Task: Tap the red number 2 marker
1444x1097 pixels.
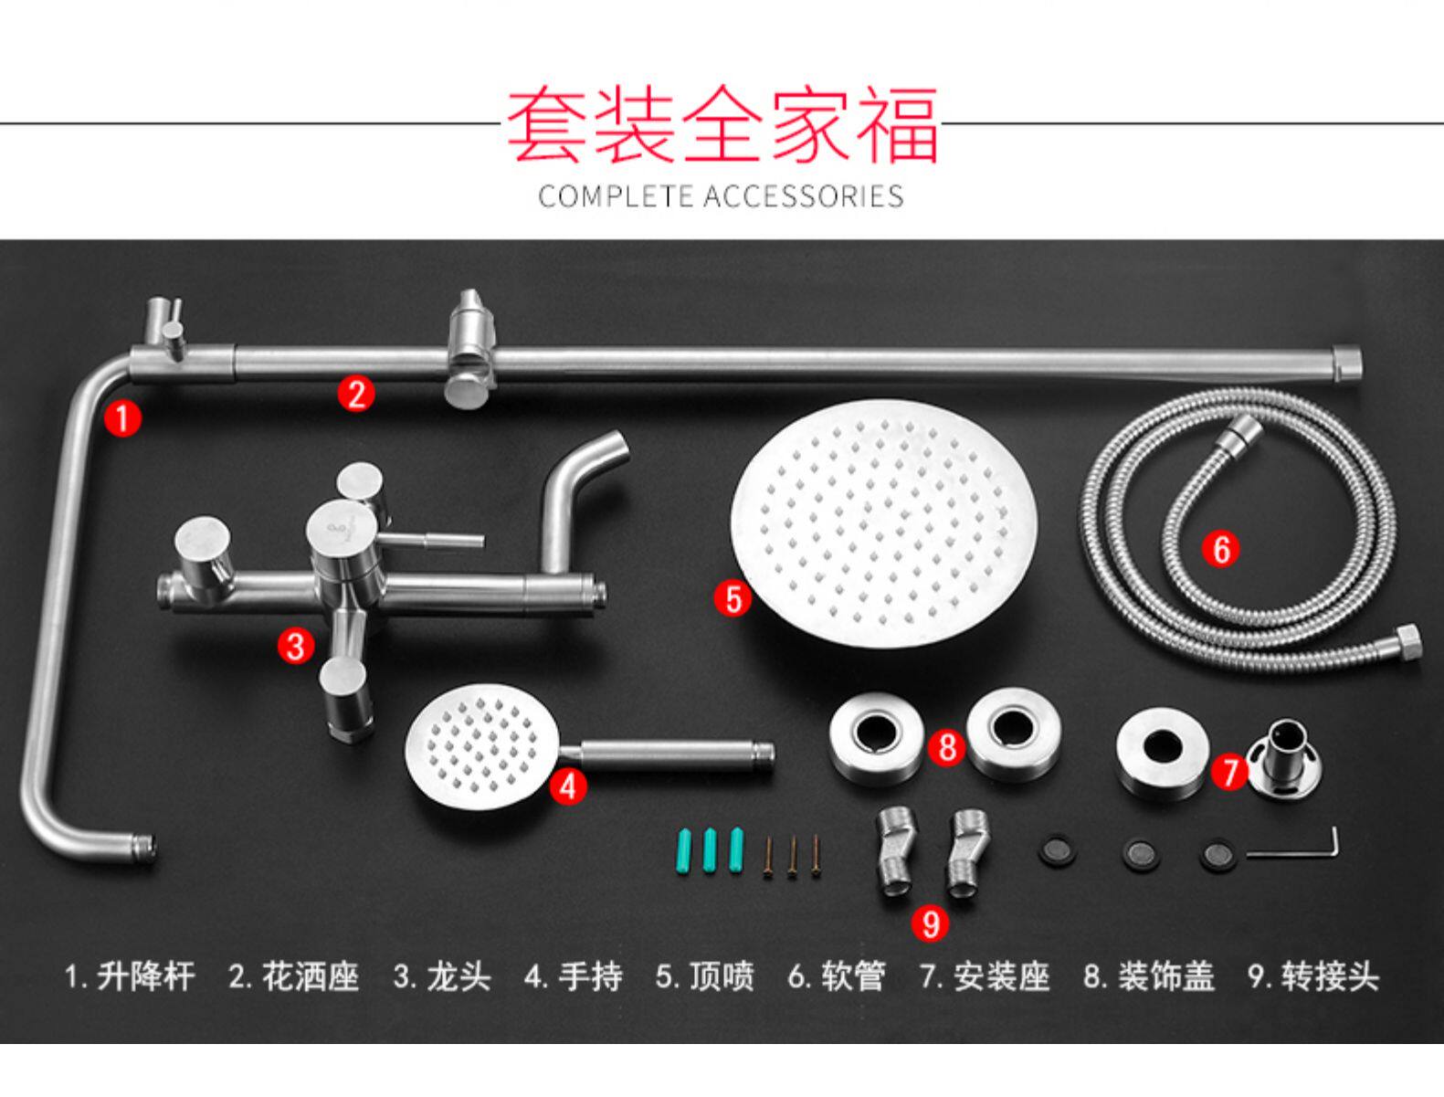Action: point(355,394)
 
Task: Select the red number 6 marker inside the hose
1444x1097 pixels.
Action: point(1221,549)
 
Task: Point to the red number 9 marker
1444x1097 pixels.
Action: point(930,923)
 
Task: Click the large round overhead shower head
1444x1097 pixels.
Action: point(883,522)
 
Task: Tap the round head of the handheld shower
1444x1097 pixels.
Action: point(481,744)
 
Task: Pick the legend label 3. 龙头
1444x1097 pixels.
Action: point(442,976)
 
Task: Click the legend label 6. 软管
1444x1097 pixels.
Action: point(837,976)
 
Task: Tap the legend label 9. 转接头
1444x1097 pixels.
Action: point(1312,976)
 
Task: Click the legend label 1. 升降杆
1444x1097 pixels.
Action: point(130,976)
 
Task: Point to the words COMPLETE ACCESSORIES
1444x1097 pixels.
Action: point(721,196)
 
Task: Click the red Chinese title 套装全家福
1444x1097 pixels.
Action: point(722,124)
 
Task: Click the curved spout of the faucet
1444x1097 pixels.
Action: point(575,493)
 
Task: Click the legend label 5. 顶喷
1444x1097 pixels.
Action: point(705,976)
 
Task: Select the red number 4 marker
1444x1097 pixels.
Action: point(568,786)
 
